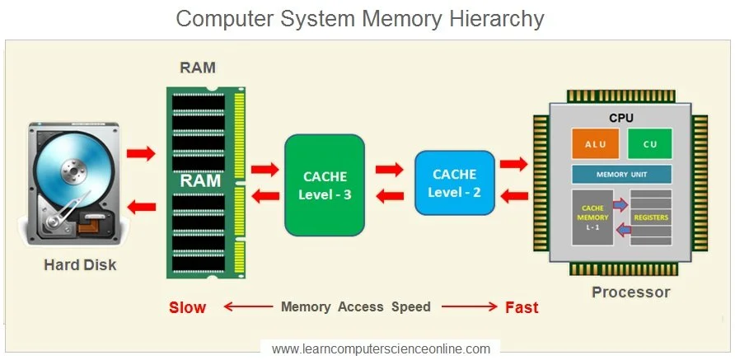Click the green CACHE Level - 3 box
[325, 185]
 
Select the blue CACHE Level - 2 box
[454, 183]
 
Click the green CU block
[649, 144]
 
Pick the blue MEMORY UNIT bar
[621, 175]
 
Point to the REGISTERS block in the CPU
[650, 217]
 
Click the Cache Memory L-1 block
[593, 217]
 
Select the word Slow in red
[187, 307]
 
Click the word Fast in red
[521, 307]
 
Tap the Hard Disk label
[80, 265]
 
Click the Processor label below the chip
[630, 292]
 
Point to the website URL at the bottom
[381, 348]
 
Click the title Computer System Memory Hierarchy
[360, 18]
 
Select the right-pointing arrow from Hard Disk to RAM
[141, 153]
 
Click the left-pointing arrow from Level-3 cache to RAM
[264, 196]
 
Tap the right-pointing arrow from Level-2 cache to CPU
[513, 164]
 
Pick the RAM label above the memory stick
[198, 68]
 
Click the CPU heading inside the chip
[620, 119]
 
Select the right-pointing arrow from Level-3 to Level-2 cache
[389, 170]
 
